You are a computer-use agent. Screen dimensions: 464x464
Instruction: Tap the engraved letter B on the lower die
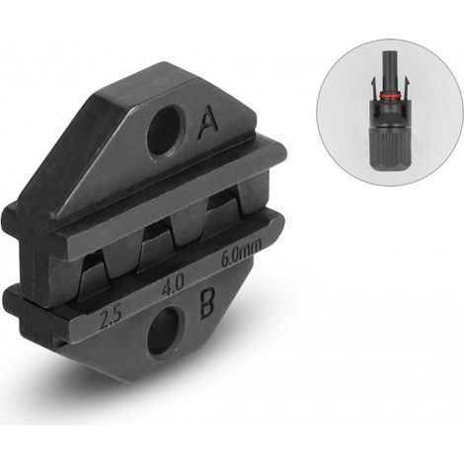(207, 303)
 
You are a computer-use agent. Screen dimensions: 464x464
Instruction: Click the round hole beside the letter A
(166, 129)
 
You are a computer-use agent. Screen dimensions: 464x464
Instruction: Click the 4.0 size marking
(173, 285)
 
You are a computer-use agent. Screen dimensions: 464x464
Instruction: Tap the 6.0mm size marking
(242, 252)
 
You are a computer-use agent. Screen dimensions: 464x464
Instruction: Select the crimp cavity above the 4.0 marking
(157, 246)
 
